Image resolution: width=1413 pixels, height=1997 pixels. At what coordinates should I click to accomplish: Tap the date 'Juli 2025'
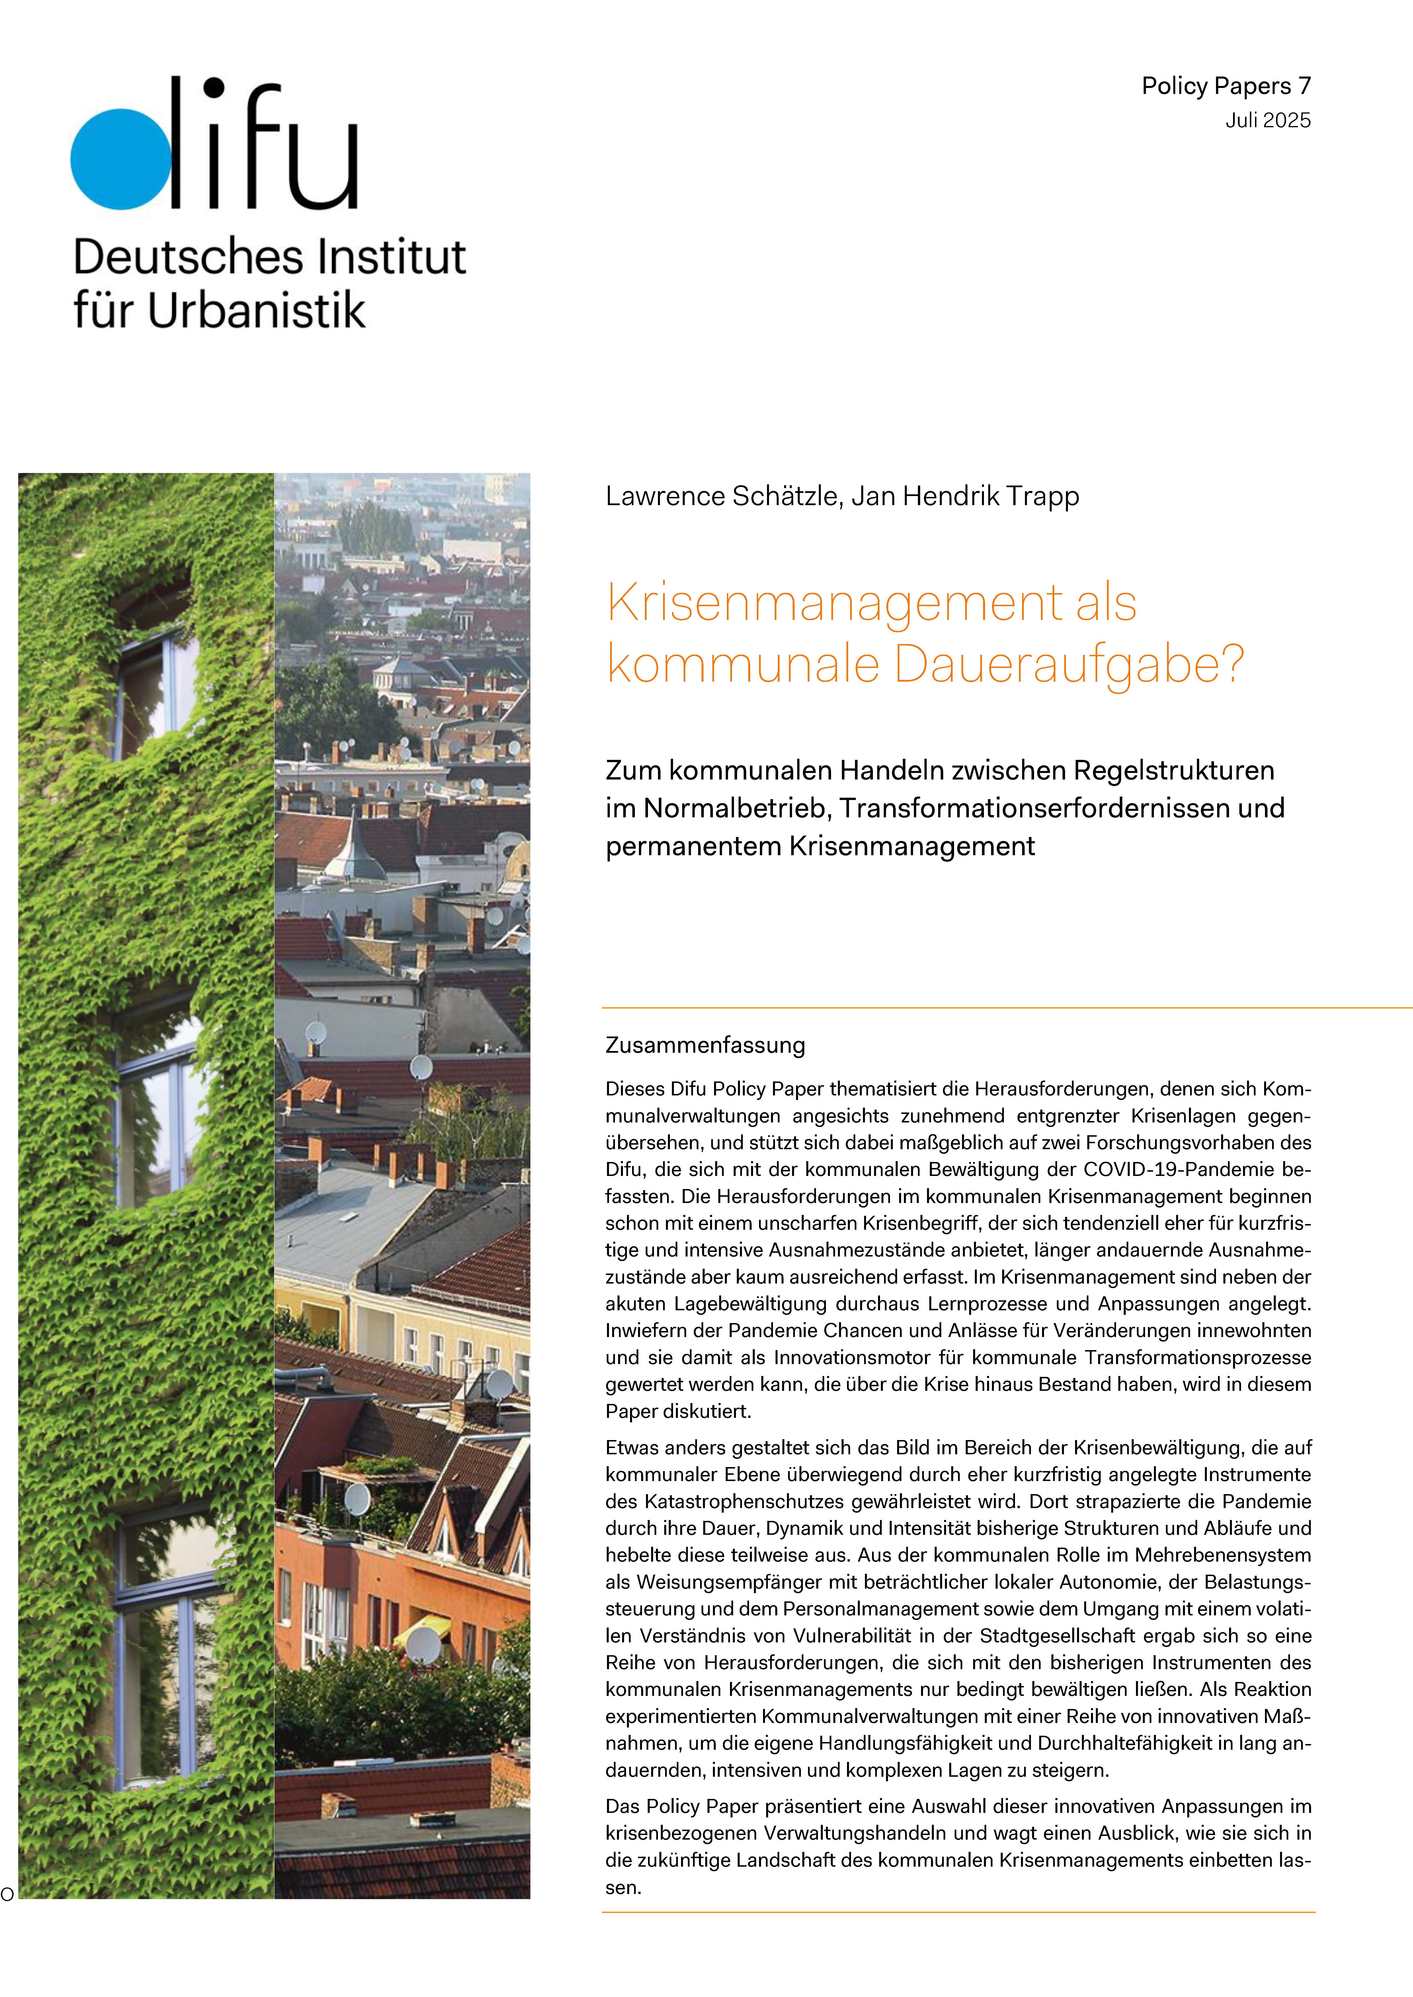1268,121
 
